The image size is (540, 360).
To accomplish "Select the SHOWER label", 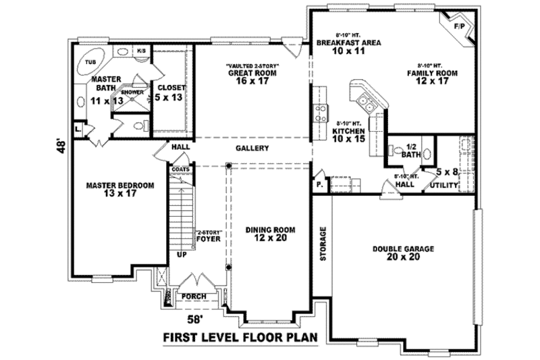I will click(132, 93).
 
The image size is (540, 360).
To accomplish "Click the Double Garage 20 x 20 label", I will click(403, 253).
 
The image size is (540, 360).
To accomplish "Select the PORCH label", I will click(194, 296).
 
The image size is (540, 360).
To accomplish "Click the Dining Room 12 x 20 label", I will click(266, 234).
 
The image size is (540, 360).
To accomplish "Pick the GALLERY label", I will click(253, 148).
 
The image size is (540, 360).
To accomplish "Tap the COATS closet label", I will click(180, 169).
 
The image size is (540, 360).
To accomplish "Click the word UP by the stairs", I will click(181, 256).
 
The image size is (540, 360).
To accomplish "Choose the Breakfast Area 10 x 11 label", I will click(349, 47).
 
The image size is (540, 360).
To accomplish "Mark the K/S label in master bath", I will click(142, 51).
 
